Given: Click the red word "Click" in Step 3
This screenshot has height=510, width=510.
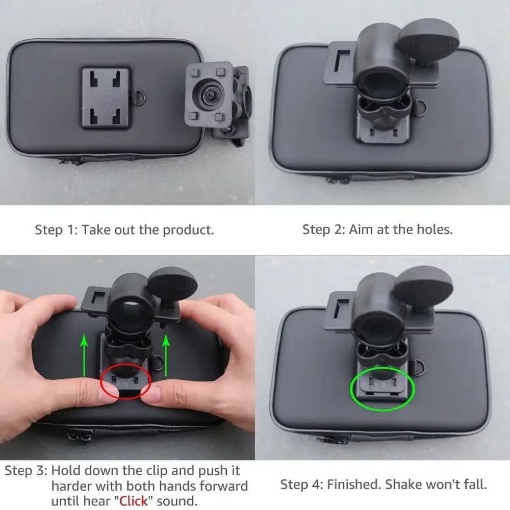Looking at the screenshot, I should tap(134, 500).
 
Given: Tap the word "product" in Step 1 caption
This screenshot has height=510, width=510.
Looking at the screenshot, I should tap(188, 229).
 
